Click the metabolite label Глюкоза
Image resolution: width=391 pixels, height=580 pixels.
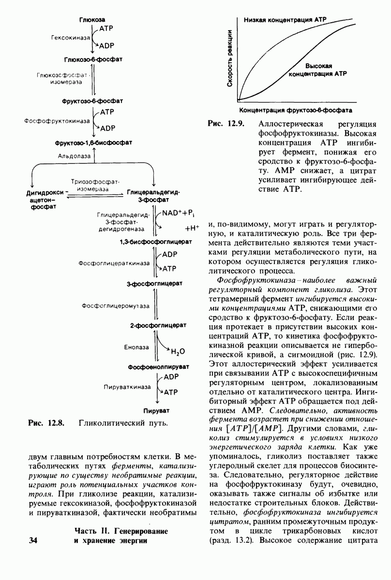coord(92,19)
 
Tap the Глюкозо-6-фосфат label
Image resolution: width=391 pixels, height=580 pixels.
coord(92,59)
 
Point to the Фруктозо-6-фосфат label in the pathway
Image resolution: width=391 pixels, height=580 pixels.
coord(92,101)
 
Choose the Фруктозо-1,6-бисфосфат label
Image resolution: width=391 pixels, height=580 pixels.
coord(92,144)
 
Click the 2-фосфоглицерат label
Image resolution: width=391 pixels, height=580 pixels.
coord(158,326)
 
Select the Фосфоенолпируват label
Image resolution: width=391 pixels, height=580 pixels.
coord(158,368)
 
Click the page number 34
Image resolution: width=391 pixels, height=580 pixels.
coord(33,539)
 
